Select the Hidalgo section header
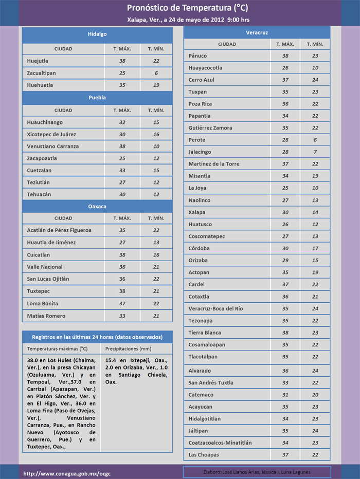coord(97,34)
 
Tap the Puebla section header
coord(97,98)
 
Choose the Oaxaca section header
coord(97,206)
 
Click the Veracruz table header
coord(257,32)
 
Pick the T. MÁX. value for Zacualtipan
coord(122,73)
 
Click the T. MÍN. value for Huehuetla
coord(156,85)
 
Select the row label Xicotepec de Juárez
coord(51,134)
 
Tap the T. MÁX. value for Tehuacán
coord(122,194)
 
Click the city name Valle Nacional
coord(45,267)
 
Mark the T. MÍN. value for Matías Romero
coord(156,316)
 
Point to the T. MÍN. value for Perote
coord(315,140)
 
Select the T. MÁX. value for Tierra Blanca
coord(284,332)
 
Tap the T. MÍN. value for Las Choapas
coord(315,455)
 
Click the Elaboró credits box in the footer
coord(257,472)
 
